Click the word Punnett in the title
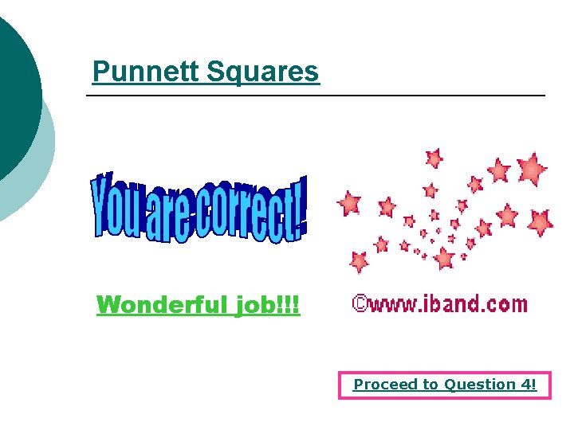[146, 72]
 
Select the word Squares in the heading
[262, 72]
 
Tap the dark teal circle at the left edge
[14, 96]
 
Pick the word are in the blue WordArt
[169, 215]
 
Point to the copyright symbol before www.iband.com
[360, 303]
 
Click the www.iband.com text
[447, 303]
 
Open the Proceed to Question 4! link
[445, 385]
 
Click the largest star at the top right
[531, 168]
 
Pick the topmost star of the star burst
[434, 158]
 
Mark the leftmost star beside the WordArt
[348, 203]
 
